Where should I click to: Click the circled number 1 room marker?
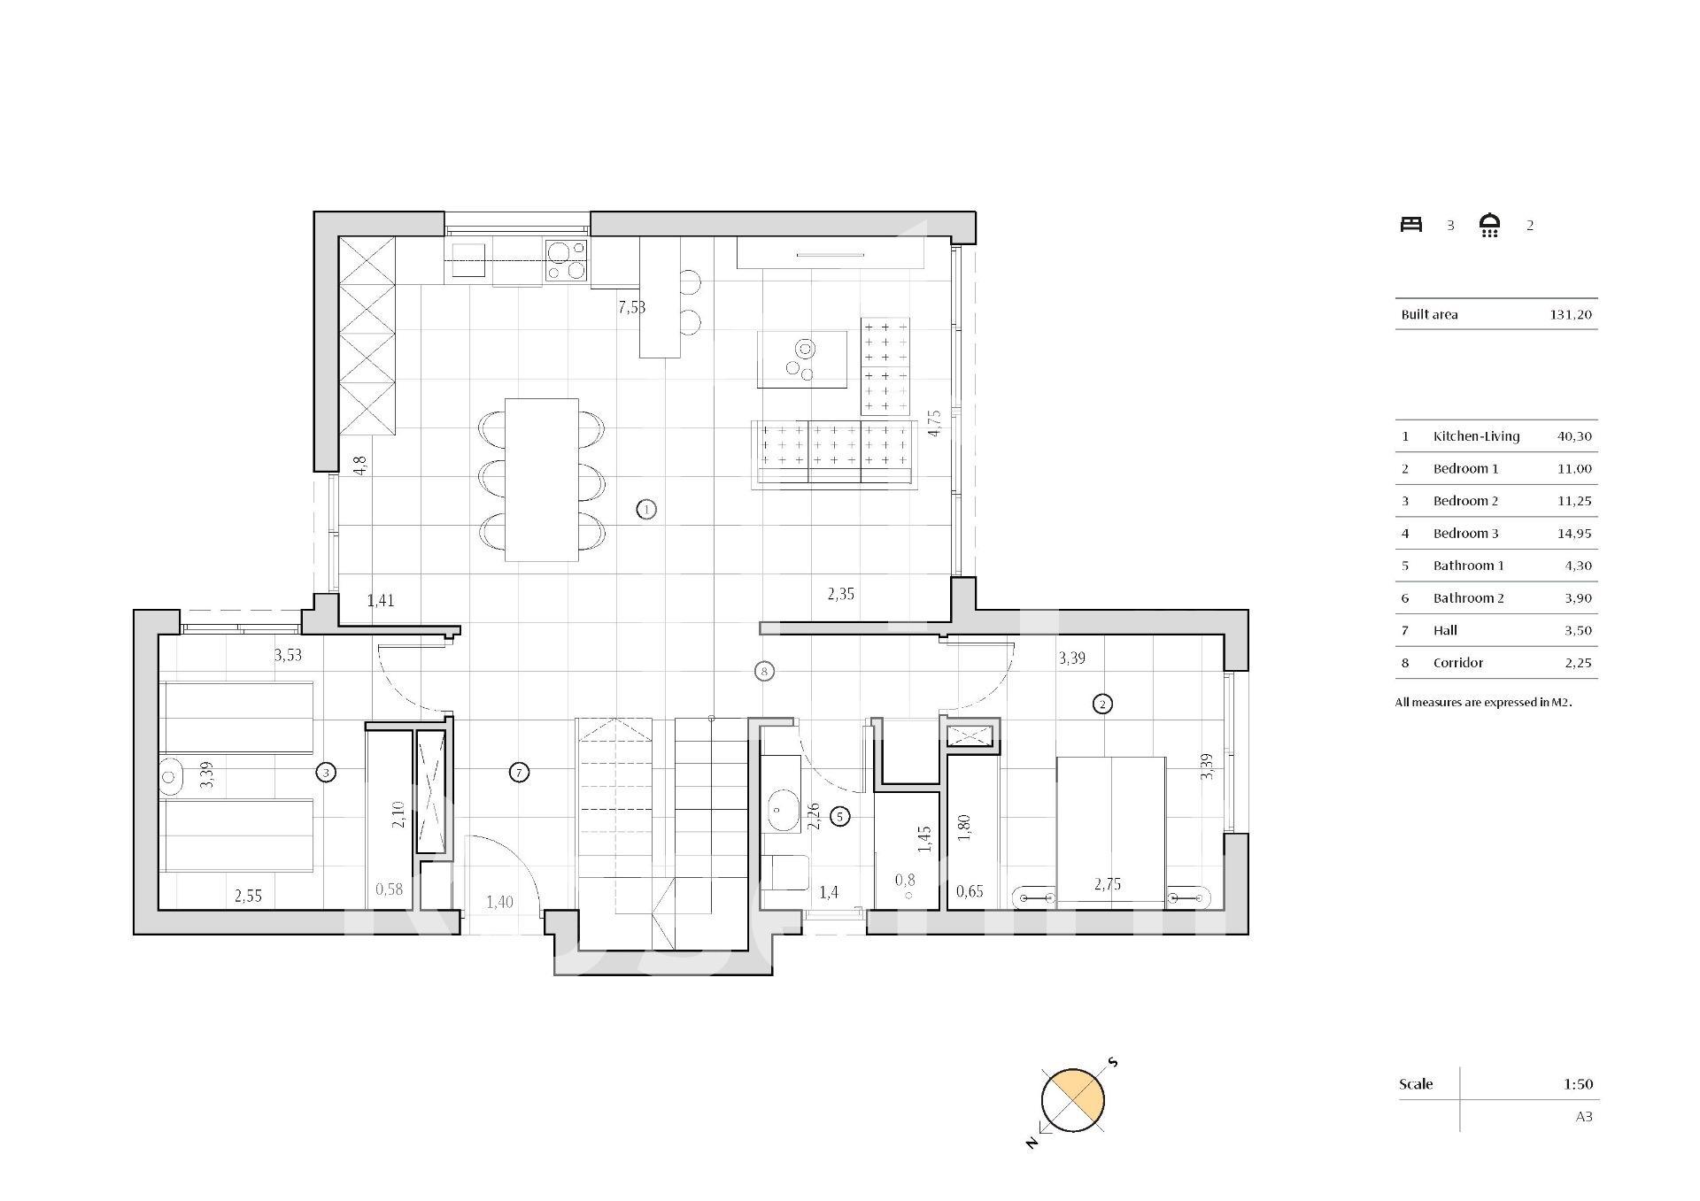click(x=646, y=509)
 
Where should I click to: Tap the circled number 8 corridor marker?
click(x=764, y=671)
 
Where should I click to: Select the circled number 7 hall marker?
click(x=520, y=773)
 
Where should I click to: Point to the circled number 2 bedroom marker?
click(x=1102, y=704)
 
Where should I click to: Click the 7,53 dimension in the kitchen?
click(x=631, y=307)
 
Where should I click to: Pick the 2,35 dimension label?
click(x=841, y=594)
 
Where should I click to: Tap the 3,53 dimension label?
click(x=288, y=655)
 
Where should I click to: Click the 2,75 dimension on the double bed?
click(x=1108, y=883)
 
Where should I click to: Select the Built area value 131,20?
click(x=1571, y=314)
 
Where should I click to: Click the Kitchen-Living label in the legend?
click(x=1476, y=436)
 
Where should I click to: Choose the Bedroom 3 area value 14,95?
click(x=1574, y=533)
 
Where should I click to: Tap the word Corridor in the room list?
click(x=1458, y=662)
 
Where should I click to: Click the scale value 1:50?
click(x=1578, y=1083)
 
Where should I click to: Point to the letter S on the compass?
click(x=1113, y=1062)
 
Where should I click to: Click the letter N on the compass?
click(x=1032, y=1143)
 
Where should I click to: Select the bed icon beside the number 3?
click(x=1411, y=225)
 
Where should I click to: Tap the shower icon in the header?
click(x=1490, y=225)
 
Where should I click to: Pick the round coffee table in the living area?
click(x=802, y=359)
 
